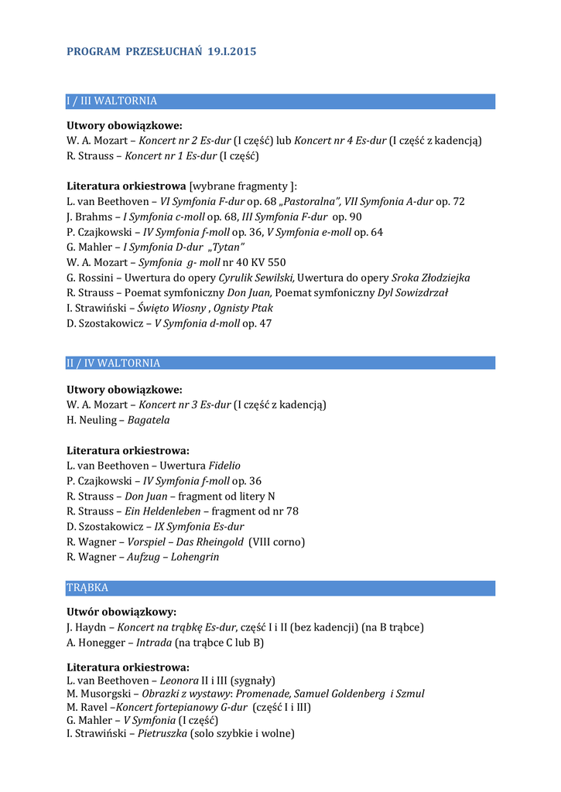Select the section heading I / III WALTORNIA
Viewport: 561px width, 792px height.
[112, 101]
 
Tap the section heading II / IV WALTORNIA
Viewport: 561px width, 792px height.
[114, 364]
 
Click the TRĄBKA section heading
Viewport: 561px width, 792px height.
[87, 588]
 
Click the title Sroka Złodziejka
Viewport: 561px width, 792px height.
[431, 278]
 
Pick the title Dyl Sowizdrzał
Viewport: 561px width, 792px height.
[412, 292]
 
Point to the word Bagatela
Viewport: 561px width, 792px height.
[149, 420]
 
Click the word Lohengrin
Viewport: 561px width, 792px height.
[195, 557]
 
